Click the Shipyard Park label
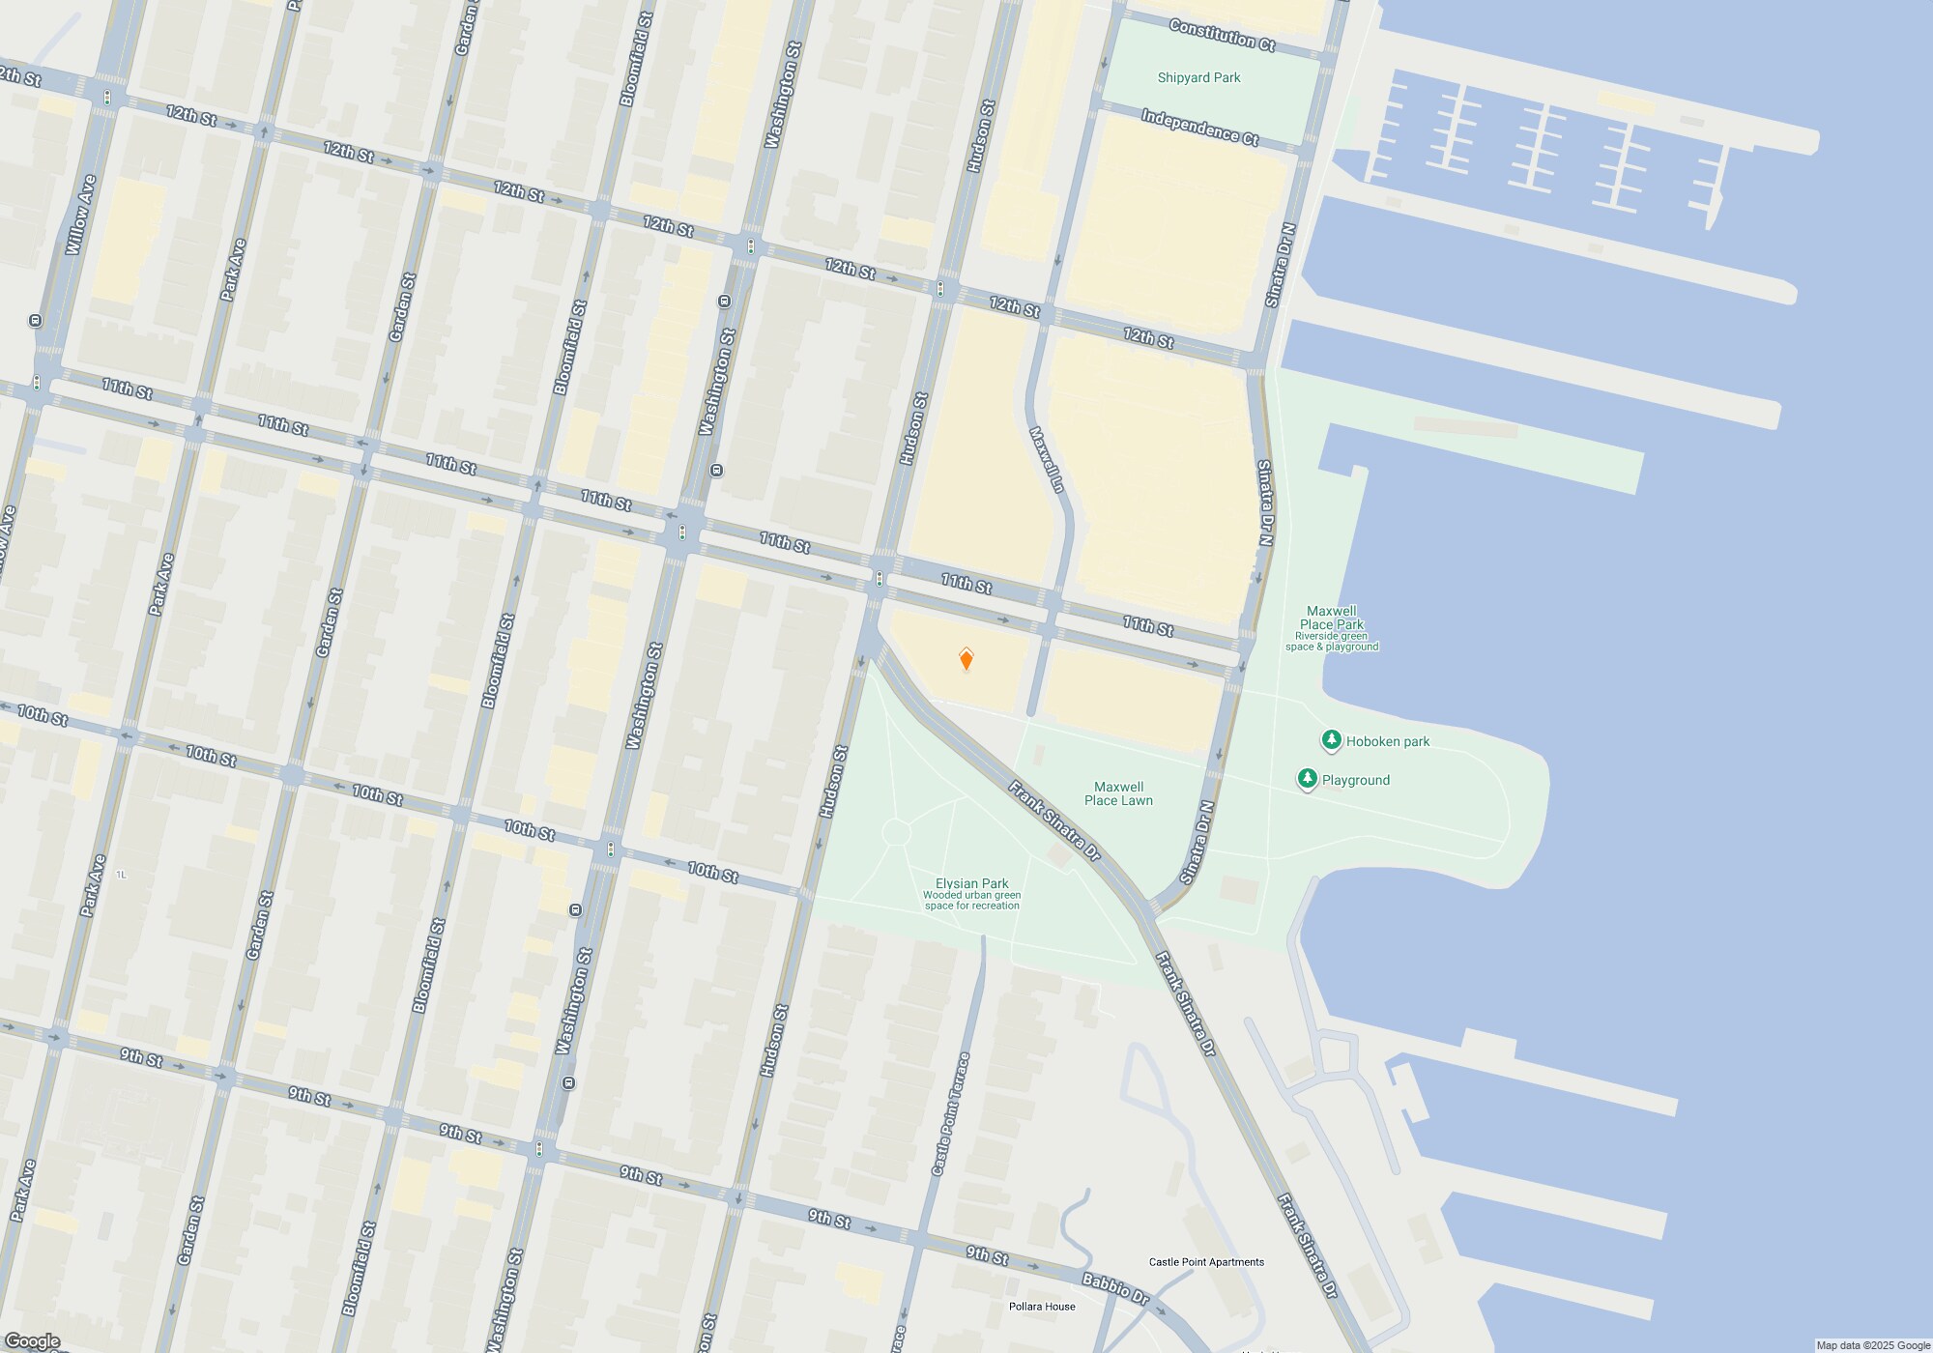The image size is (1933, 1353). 1198,77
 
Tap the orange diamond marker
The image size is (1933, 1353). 966,660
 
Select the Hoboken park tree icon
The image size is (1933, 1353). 1331,741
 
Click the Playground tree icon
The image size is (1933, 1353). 1307,780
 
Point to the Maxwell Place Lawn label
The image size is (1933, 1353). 1118,793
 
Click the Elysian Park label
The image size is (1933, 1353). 971,883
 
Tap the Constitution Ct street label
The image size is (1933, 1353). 1222,35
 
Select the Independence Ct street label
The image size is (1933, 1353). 1199,128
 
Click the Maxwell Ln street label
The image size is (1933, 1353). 1047,460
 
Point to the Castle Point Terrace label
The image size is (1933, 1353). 950,1114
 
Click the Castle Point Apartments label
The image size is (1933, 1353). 1206,1262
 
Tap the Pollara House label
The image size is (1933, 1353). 1042,1307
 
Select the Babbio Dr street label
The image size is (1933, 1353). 1115,1289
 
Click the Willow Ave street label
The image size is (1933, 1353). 81,215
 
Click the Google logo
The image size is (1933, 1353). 32,1341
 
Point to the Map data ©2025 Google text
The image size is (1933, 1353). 1872,1345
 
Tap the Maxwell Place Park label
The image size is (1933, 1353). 1331,618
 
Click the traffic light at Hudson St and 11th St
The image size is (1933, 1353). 879,579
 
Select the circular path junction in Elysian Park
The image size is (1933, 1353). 896,832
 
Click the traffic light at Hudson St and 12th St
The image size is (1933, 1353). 939,288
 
